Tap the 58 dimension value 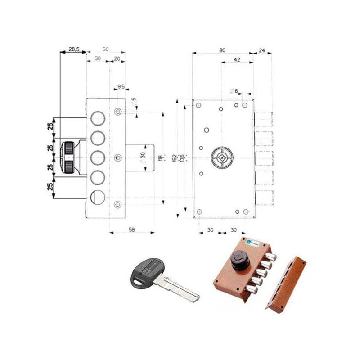[132, 229]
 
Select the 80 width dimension [222, 50]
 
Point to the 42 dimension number [237, 60]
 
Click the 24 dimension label [262, 50]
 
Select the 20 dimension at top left [117, 58]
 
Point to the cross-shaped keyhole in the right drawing [221, 158]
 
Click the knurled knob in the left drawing [68, 157]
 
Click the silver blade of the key [180, 288]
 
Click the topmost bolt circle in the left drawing [98, 118]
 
